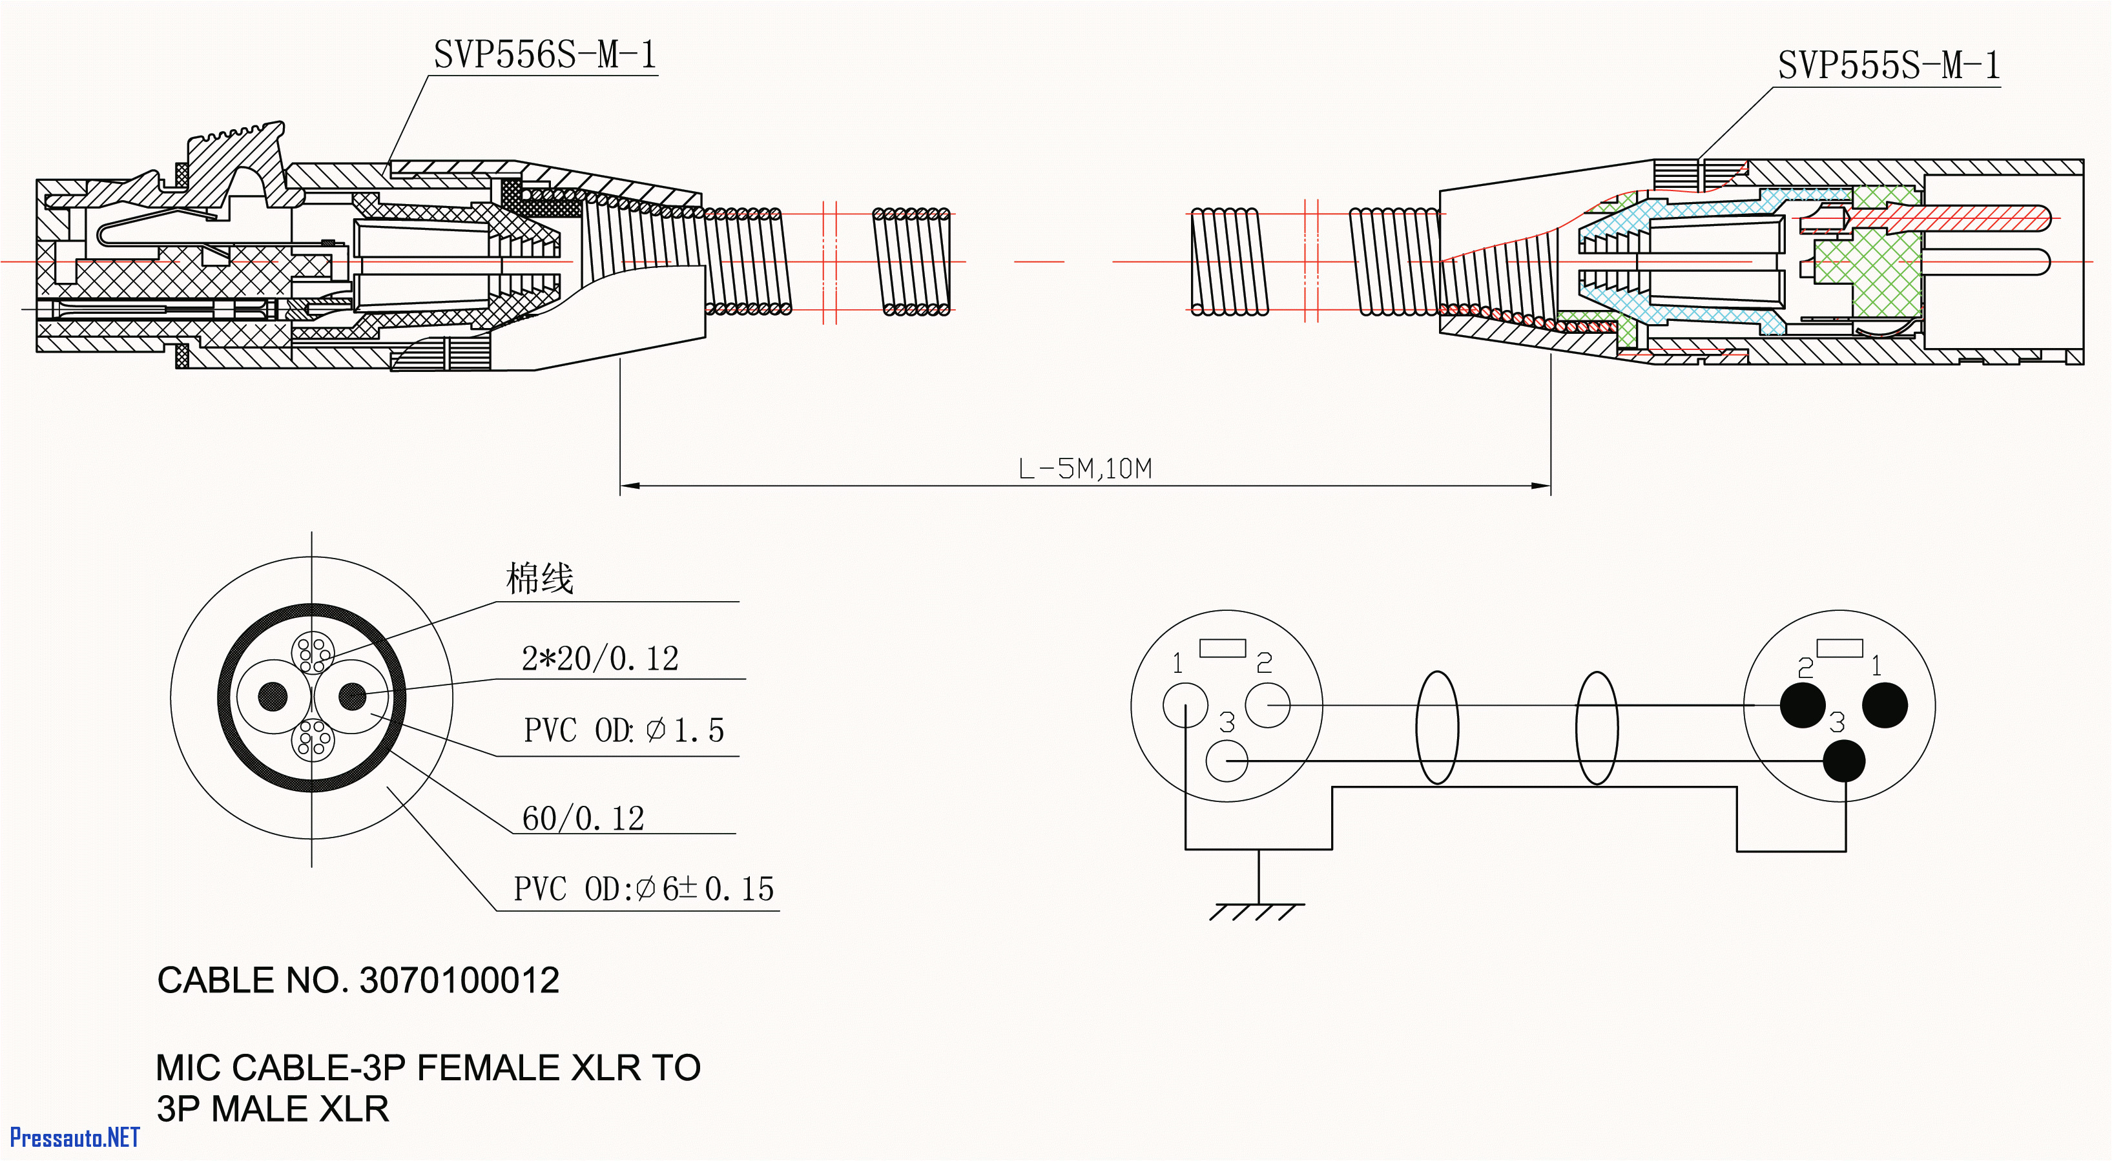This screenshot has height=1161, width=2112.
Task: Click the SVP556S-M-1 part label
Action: pos(544,55)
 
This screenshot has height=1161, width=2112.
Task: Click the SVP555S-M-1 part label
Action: pos(1888,66)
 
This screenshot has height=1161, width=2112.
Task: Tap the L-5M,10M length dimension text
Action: pos(1084,469)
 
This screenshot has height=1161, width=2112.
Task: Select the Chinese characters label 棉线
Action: pos(539,579)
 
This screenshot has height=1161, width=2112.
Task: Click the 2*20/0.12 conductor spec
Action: pos(599,659)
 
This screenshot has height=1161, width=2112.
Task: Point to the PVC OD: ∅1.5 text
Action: pos(623,730)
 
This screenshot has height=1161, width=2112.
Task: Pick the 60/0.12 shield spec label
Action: pos(583,818)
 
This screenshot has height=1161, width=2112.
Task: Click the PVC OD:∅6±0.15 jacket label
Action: pos(643,889)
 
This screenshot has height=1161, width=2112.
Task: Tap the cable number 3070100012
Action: pos(459,981)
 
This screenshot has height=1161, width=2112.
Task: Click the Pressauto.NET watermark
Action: pos(74,1137)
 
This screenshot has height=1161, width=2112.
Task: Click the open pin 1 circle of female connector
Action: pos(1185,705)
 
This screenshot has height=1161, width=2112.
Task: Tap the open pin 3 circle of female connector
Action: pos(1227,761)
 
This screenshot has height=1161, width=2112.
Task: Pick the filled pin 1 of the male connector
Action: pos(1885,705)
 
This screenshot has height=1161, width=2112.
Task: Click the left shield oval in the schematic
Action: pos(1436,727)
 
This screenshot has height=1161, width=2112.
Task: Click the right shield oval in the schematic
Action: pos(1597,727)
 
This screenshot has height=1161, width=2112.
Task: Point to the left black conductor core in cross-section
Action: pos(273,697)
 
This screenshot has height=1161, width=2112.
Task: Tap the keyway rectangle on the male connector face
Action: pos(1839,648)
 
